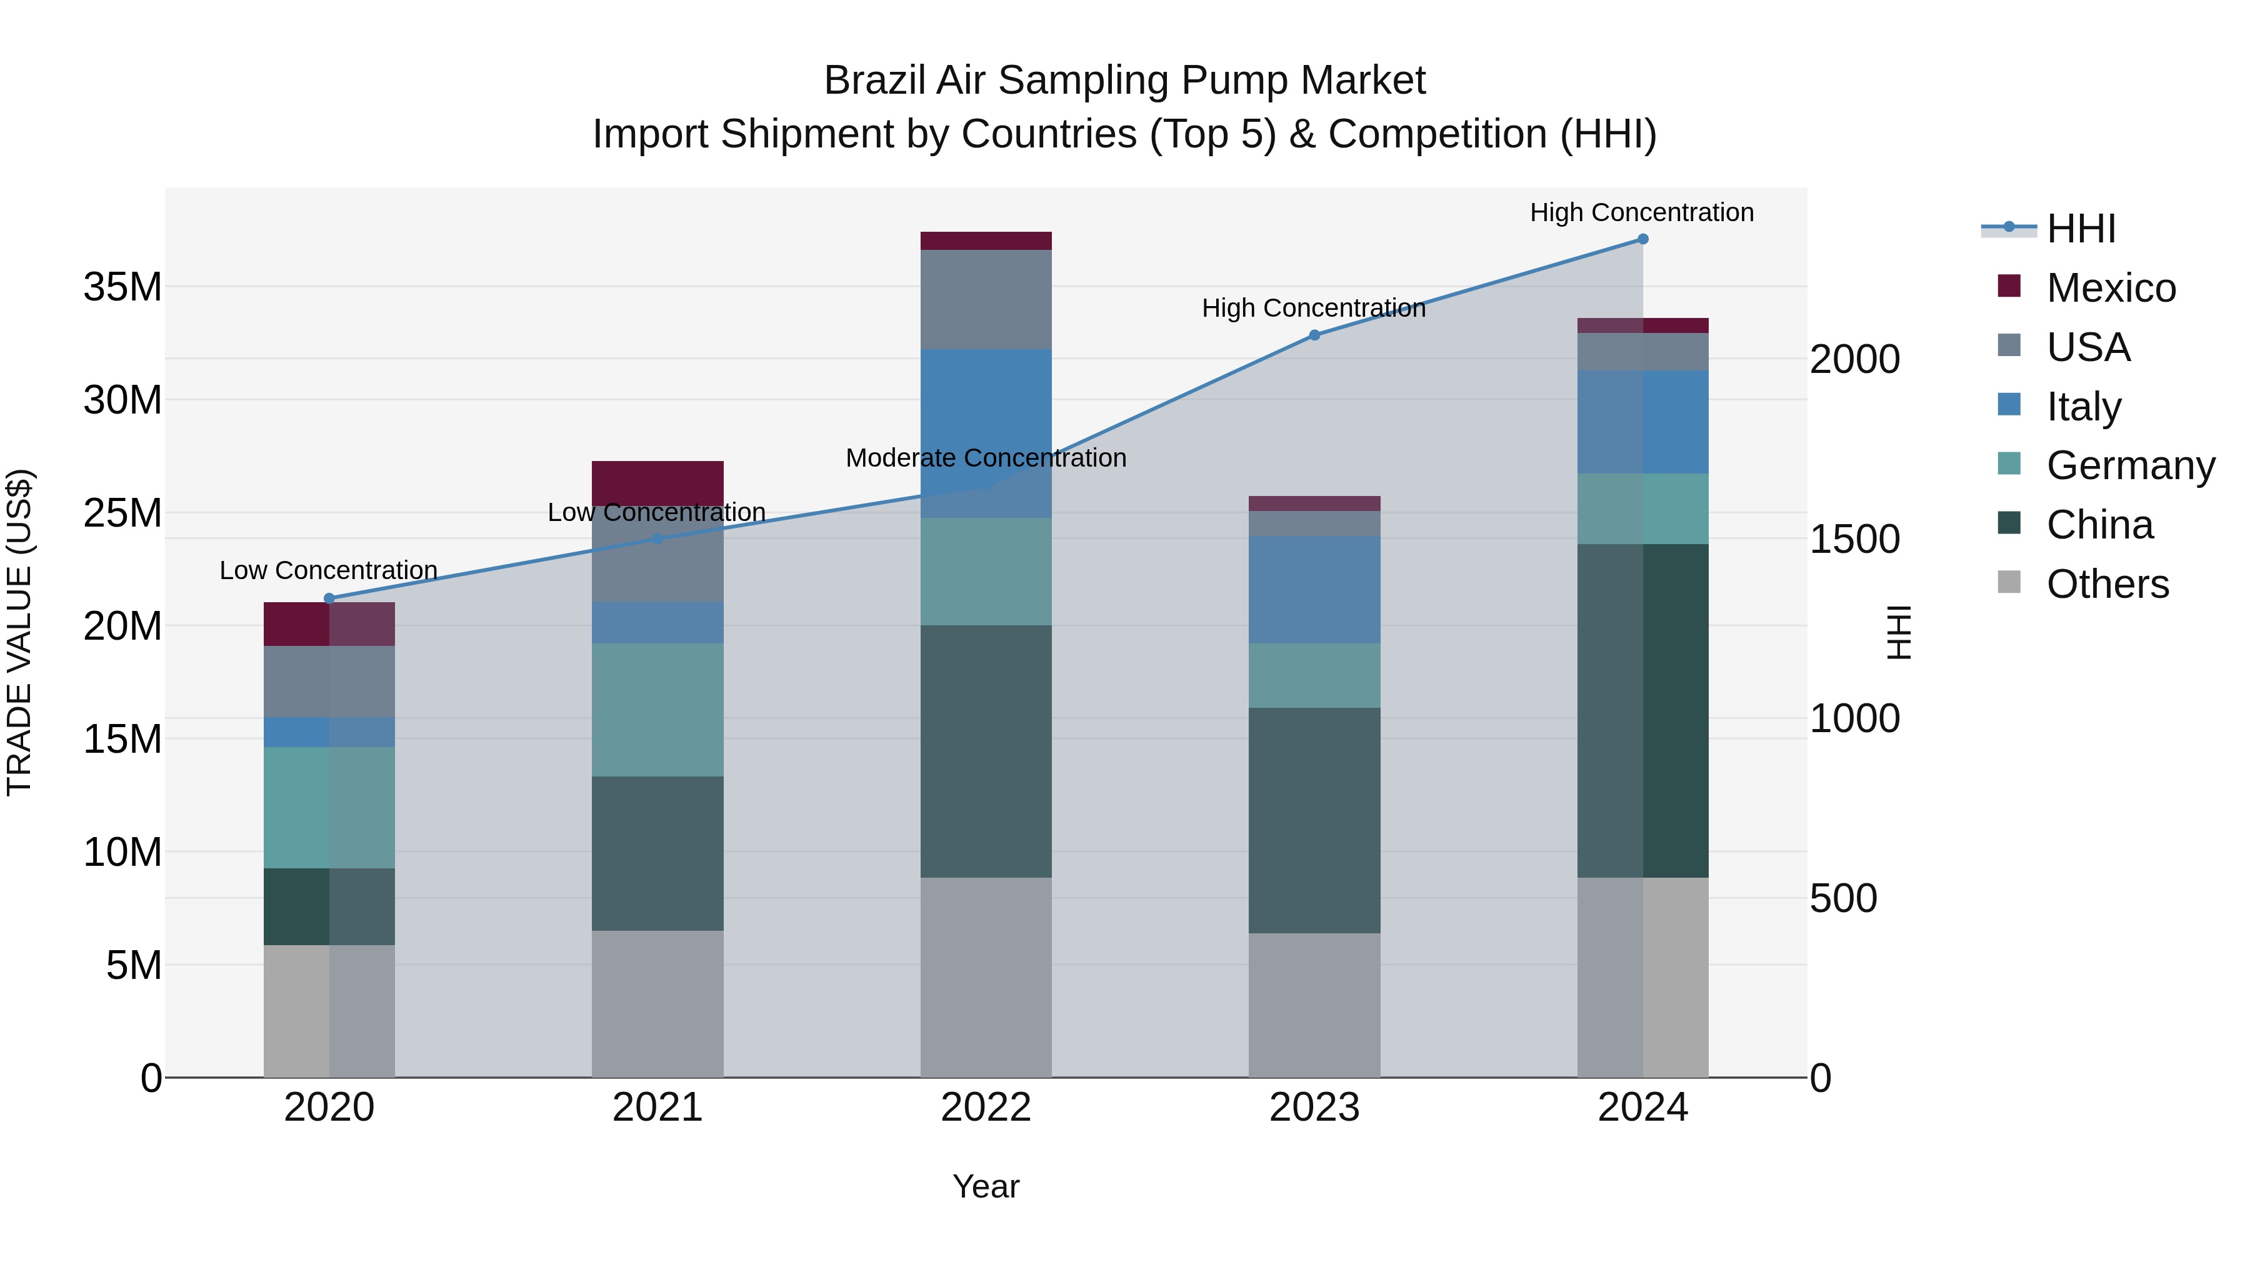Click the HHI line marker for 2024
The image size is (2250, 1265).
(1643, 239)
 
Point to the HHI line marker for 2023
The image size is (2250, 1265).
(1314, 335)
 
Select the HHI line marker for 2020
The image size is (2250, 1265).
(329, 599)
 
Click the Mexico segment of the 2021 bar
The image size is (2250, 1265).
(657, 480)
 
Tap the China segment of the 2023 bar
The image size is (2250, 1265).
(1314, 821)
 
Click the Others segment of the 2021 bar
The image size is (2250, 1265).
(657, 1004)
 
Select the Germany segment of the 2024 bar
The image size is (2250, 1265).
(1643, 509)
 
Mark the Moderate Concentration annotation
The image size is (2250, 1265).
(986, 459)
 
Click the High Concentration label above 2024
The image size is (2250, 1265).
(1642, 213)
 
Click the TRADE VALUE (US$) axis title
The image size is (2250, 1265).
(19, 633)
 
